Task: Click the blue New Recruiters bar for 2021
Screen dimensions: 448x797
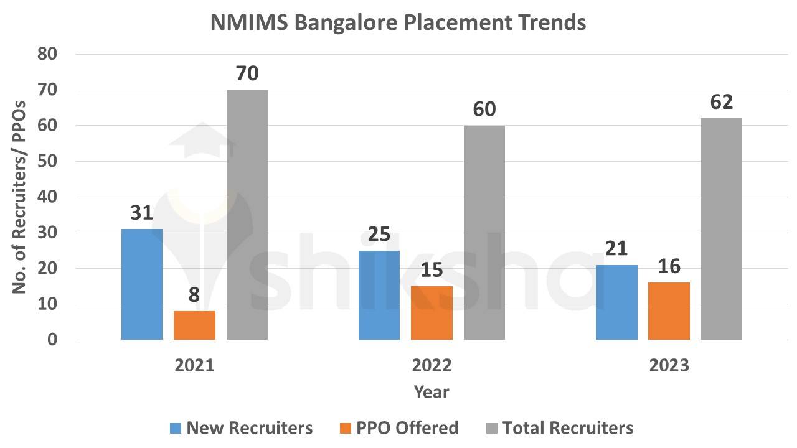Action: point(142,284)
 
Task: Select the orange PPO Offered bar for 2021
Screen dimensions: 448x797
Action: point(194,325)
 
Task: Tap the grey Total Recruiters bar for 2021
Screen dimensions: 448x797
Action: point(247,215)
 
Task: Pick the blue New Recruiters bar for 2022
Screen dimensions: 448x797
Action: point(379,295)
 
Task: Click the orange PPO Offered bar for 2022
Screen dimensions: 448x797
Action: point(432,313)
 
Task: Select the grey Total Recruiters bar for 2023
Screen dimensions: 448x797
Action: point(722,229)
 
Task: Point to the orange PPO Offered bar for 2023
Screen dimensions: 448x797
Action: point(669,311)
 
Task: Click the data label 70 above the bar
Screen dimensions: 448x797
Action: point(247,74)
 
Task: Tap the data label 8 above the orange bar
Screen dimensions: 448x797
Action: point(194,295)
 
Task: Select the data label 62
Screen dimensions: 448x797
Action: point(722,103)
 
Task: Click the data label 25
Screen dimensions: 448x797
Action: point(379,235)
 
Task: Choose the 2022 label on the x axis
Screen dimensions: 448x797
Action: point(432,365)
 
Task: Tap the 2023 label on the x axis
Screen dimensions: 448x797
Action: point(669,365)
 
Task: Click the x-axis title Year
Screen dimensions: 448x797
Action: point(432,392)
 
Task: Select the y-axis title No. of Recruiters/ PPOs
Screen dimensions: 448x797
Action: point(19,197)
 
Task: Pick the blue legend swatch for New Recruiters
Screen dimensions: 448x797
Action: point(176,428)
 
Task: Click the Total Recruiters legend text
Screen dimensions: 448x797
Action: point(567,428)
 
